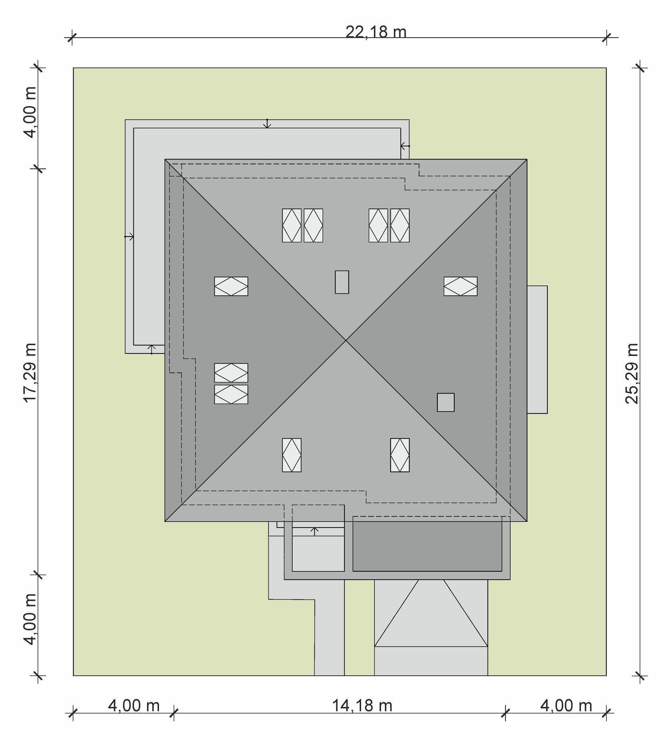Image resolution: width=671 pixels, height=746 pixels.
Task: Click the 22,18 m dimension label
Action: (376, 32)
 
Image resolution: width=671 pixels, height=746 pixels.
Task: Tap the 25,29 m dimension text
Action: (632, 373)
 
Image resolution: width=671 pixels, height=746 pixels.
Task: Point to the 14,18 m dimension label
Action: (362, 705)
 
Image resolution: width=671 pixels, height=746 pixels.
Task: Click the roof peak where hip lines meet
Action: (346, 340)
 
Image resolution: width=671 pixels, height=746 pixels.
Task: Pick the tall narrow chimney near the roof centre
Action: (342, 282)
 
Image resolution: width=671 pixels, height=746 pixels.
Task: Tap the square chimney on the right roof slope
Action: (446, 402)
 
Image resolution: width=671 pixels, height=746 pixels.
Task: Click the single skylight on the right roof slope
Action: (461, 286)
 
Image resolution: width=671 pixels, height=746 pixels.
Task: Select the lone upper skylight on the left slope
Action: (231, 286)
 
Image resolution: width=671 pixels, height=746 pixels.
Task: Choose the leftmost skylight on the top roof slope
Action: (292, 225)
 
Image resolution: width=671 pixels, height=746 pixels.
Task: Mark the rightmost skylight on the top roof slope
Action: (400, 225)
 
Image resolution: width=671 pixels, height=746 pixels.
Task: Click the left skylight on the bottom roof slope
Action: (292, 455)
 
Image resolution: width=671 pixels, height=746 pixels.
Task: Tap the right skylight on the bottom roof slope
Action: (400, 455)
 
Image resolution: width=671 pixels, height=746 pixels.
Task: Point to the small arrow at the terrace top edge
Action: (267, 123)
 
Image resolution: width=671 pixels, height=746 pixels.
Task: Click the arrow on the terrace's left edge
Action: (129, 237)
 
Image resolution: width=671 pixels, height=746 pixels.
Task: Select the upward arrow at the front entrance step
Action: (315, 531)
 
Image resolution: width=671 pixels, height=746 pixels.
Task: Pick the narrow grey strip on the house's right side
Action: (537, 349)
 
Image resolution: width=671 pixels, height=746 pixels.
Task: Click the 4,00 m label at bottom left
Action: (134, 706)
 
